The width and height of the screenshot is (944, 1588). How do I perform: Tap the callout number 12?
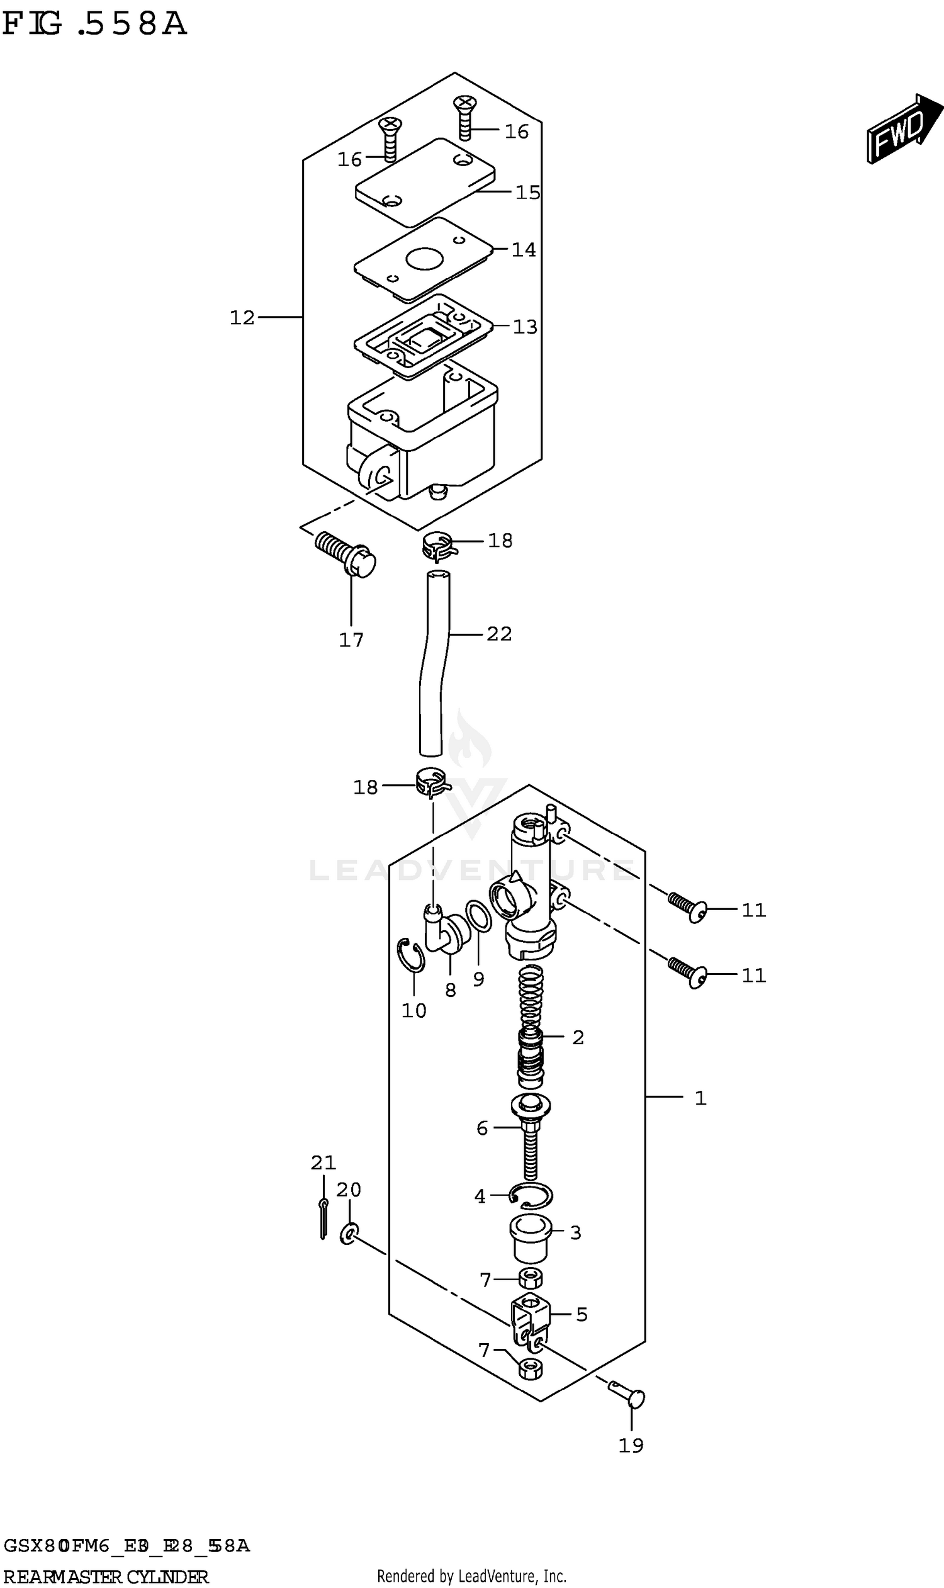pos(242,317)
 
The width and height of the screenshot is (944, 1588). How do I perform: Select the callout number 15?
pos(527,192)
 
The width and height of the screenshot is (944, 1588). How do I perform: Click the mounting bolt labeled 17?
pos(346,554)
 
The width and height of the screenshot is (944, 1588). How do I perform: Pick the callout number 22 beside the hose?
pos(498,634)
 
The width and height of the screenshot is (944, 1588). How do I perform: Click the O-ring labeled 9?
pos(478,916)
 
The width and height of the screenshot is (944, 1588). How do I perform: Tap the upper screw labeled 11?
pos(687,907)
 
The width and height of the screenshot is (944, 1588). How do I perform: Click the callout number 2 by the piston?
pos(578,1038)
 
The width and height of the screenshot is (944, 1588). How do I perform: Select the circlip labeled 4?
pos(531,1196)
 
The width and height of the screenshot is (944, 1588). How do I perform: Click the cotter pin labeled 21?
pos(323,1219)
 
